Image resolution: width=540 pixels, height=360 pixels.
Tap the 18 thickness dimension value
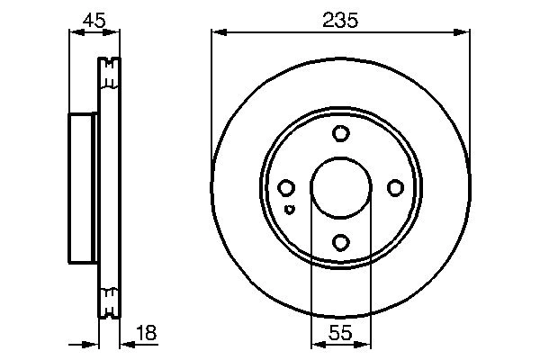click(145, 333)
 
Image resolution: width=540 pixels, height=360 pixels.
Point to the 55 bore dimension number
click(340, 333)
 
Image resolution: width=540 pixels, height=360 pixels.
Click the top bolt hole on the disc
click(340, 134)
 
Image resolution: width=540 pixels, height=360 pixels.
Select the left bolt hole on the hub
click(286, 188)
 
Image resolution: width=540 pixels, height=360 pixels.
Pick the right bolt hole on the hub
click(394, 188)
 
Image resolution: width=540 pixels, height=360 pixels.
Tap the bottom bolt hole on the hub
click(340, 242)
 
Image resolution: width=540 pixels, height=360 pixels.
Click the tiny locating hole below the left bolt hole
click(289, 209)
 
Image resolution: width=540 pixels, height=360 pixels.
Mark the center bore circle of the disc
click(340, 188)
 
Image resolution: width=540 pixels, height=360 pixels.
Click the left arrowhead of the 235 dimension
click(217, 33)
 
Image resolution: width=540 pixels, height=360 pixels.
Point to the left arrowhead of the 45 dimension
click(75, 33)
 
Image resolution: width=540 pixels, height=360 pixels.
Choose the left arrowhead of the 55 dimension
click(316, 345)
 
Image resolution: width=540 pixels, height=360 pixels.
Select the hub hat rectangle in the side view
click(83, 188)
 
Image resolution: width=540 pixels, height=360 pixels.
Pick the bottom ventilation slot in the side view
click(109, 302)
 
